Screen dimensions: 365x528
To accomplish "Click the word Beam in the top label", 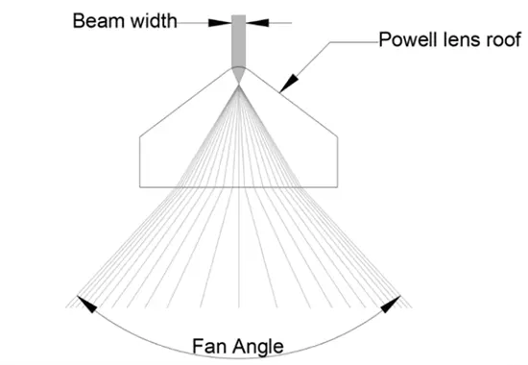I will pyautogui.click(x=96, y=19).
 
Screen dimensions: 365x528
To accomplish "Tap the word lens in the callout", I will pyautogui.click(x=459, y=41).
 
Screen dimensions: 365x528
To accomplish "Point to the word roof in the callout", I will pyautogui.click(x=501, y=41).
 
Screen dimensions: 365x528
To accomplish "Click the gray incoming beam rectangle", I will pyautogui.click(x=238, y=42).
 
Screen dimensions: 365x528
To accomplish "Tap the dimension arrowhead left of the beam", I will pyautogui.click(x=225, y=19).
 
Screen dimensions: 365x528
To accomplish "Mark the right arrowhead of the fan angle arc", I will pyautogui.click(x=391, y=304).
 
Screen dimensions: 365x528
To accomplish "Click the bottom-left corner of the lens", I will pyautogui.click(x=140, y=185).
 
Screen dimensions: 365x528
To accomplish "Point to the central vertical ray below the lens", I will pyautogui.click(x=238, y=250).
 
